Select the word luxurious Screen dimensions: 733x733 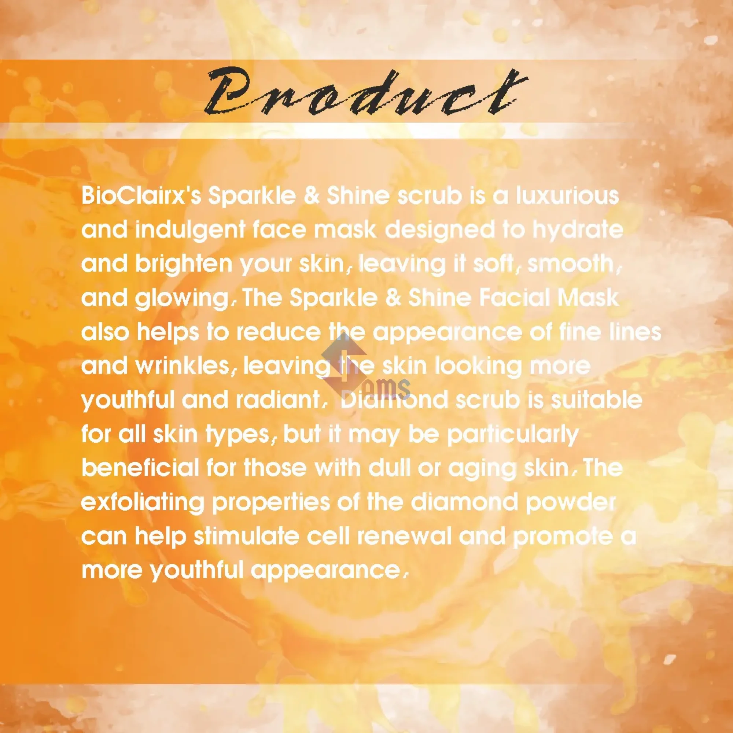(x=567, y=196)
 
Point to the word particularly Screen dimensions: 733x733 (x=513, y=435)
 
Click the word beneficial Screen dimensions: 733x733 (x=140, y=468)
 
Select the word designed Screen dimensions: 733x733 (x=440, y=230)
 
